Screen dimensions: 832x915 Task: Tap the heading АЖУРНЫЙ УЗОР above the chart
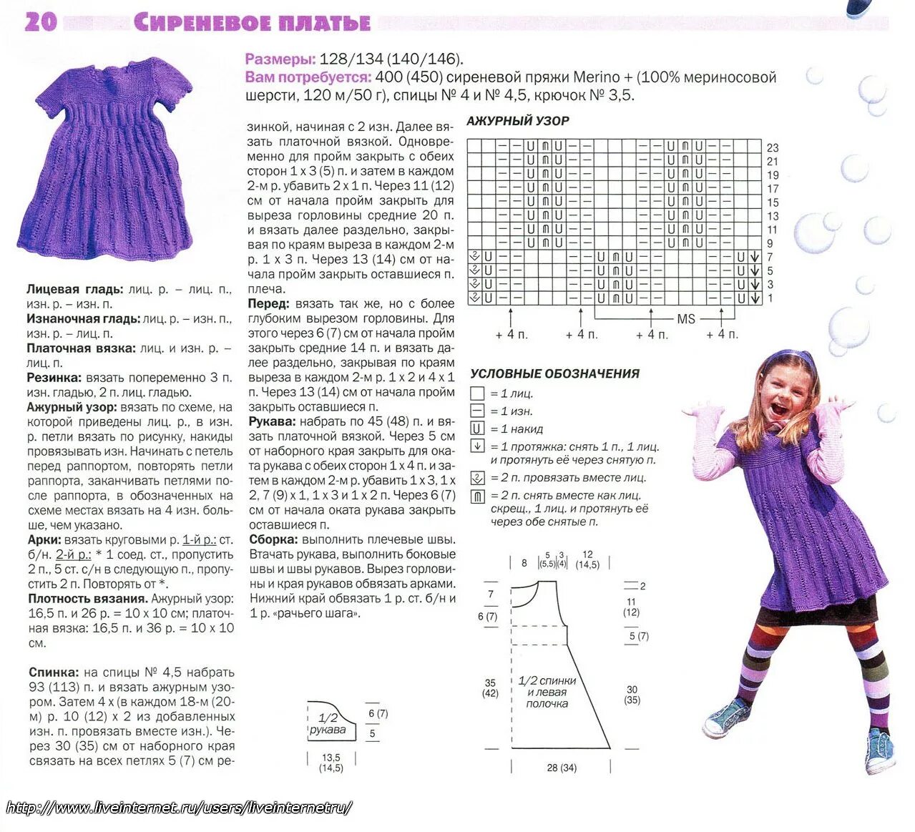[517, 121]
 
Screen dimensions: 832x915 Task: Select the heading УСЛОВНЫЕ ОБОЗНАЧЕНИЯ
[554, 373]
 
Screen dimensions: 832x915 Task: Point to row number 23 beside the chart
[773, 148]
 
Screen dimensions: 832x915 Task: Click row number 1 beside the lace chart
[770, 298]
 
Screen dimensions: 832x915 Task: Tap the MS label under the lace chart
[685, 319]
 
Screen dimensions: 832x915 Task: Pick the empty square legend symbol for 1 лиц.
[477, 393]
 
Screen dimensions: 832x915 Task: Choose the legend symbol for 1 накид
[477, 429]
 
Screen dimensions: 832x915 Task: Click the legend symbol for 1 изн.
[477, 411]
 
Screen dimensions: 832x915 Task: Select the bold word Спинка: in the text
[54, 672]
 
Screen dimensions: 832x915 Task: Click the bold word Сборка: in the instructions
[273, 539]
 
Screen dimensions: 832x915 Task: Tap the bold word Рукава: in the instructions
[273, 421]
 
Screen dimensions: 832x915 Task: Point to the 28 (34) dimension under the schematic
[562, 768]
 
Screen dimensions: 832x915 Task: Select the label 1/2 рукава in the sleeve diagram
[328, 723]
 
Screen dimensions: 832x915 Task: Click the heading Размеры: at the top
[280, 59]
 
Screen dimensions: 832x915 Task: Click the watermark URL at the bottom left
[179, 808]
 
